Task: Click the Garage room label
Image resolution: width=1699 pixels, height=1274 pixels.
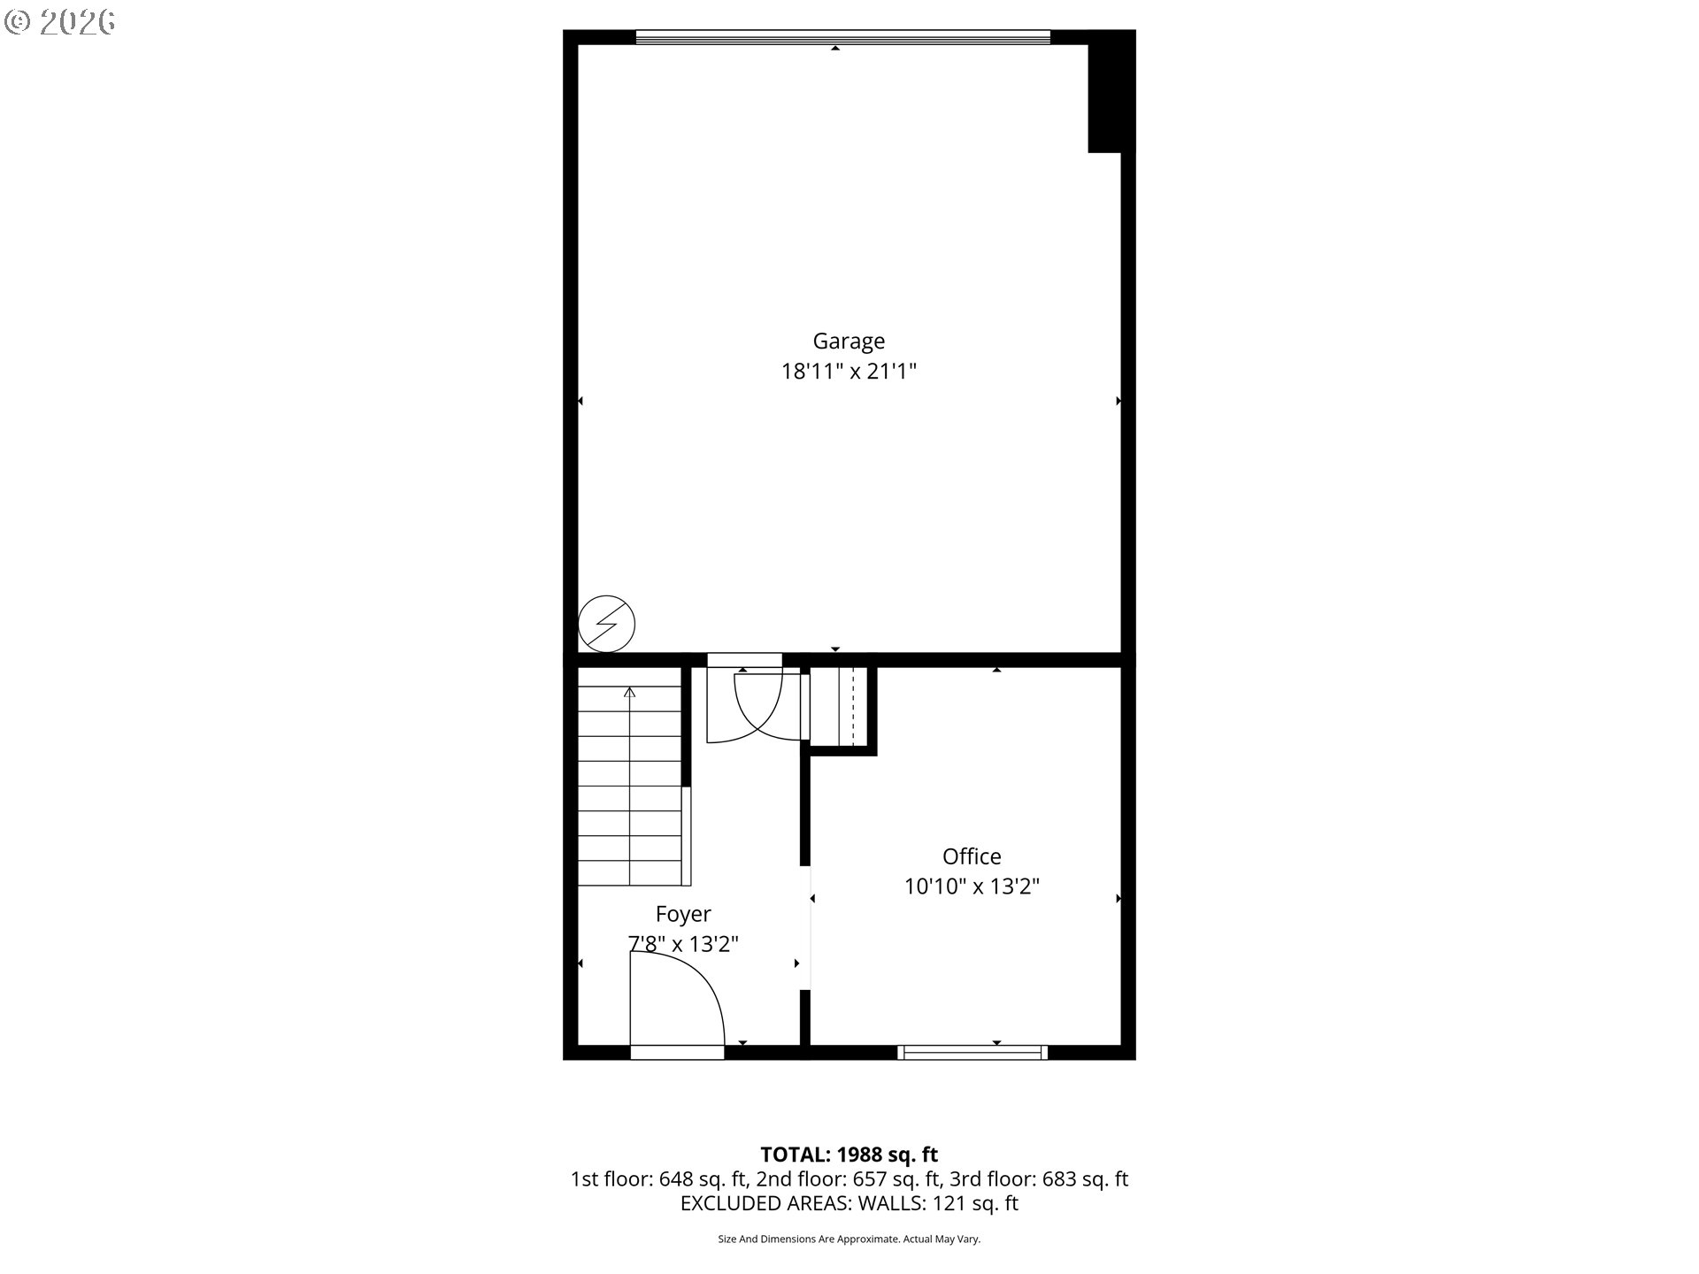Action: pos(849,342)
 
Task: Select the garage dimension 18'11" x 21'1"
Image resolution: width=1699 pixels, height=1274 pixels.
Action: pos(849,372)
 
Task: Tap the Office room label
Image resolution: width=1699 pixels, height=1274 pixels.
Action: pos(972,856)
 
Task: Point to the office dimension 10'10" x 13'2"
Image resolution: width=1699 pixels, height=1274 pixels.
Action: pos(972,886)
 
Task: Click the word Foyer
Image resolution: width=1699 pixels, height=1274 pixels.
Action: pos(683,915)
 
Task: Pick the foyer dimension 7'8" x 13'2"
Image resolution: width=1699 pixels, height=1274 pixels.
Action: pos(683,944)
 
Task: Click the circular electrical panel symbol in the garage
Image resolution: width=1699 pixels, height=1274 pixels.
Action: pos(607,624)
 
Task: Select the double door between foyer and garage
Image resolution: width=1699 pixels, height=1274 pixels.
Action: pos(758,708)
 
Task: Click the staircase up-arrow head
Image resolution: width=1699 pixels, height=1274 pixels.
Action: pos(630,692)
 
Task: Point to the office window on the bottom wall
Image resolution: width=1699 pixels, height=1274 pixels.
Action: pos(973,1053)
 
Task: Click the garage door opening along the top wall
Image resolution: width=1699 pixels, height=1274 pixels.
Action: pos(842,37)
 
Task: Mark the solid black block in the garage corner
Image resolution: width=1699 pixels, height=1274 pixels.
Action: pos(1111,92)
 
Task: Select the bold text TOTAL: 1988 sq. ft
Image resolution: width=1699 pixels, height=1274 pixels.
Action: pos(849,1155)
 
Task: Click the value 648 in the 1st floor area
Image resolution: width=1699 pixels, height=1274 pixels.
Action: pos(676,1179)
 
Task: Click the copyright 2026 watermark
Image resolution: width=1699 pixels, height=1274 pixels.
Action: pos(60,23)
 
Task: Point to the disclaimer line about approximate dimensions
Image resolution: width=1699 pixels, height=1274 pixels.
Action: pos(849,1239)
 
